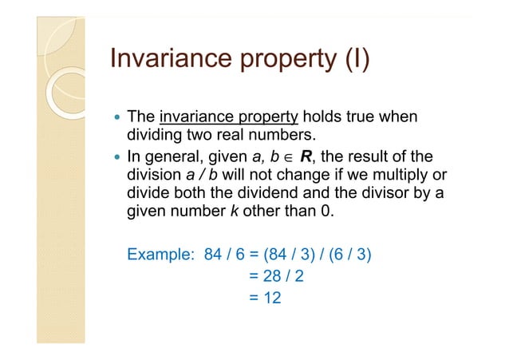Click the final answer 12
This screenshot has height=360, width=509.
point(273,297)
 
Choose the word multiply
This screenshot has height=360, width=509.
point(399,175)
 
